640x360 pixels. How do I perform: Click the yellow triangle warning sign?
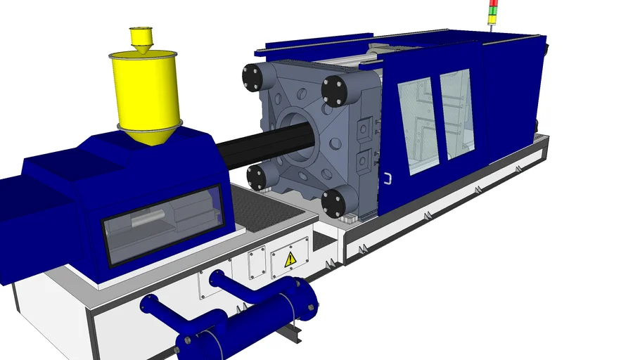point(290,260)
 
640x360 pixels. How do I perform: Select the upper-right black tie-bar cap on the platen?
point(335,89)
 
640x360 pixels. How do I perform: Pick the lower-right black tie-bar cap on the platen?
point(335,201)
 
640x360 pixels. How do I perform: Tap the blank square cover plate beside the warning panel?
point(256,262)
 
